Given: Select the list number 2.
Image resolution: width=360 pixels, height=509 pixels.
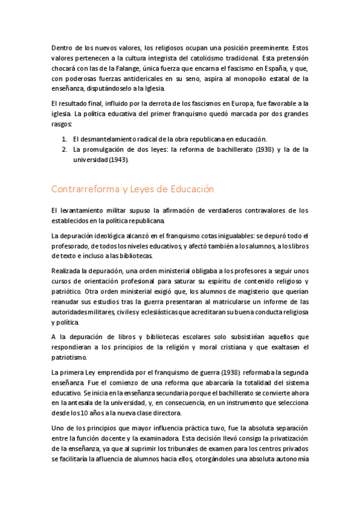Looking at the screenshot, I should pyautogui.click(x=64, y=150).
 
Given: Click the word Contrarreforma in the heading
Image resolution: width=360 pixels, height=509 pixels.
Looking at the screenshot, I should pyautogui.click(x=85, y=188).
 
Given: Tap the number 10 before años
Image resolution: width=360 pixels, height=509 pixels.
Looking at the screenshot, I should pyautogui.click(x=87, y=414).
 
